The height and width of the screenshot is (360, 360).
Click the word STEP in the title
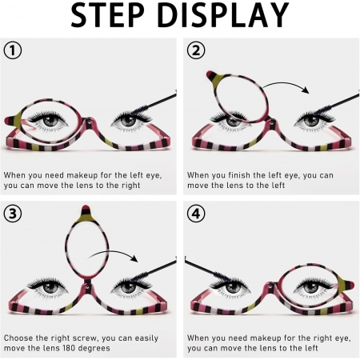tap(107, 14)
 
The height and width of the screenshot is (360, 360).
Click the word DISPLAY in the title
tap(223, 14)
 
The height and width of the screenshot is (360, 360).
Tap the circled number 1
tap(13, 50)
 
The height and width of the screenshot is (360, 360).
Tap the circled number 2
tap(196, 50)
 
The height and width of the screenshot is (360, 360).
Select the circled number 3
tap(13, 214)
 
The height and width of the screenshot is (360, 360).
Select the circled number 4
tap(196, 214)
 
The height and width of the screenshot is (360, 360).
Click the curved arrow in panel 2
tap(286, 86)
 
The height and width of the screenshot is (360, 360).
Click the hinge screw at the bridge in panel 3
tap(86, 287)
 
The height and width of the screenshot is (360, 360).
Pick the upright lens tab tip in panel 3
tap(86, 206)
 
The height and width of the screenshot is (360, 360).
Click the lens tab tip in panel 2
tap(210, 73)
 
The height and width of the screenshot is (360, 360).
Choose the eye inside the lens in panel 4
tap(310, 286)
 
